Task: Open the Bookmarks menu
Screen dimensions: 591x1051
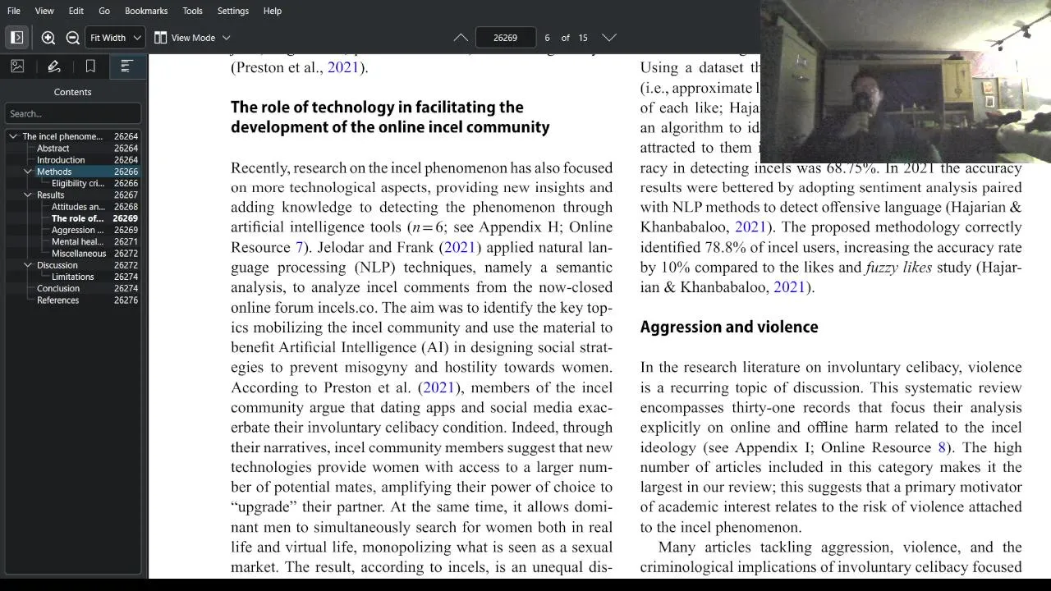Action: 146,11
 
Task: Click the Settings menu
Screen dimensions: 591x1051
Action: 232,11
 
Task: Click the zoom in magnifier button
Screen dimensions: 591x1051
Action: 48,38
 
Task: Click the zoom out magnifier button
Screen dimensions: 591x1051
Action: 72,38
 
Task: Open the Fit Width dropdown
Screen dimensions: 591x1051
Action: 116,38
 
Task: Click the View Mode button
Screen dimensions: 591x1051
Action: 192,38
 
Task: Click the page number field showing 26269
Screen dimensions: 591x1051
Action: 505,38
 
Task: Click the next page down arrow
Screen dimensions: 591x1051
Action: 608,38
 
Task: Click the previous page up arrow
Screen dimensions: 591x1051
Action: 461,38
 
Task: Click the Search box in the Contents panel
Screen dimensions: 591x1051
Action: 72,113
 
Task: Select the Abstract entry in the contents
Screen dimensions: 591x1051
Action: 53,149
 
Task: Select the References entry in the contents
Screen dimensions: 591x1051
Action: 57,300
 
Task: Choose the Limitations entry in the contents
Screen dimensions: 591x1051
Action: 72,277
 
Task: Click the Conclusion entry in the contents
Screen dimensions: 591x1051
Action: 58,289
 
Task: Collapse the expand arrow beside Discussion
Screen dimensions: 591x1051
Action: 28,265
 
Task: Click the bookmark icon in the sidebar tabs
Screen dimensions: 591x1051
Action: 90,66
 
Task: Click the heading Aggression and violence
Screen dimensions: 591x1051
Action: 728,328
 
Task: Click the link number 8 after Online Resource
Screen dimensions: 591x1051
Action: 942,447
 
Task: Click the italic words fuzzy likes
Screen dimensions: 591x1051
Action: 898,268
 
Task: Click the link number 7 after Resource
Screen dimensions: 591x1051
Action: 299,247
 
